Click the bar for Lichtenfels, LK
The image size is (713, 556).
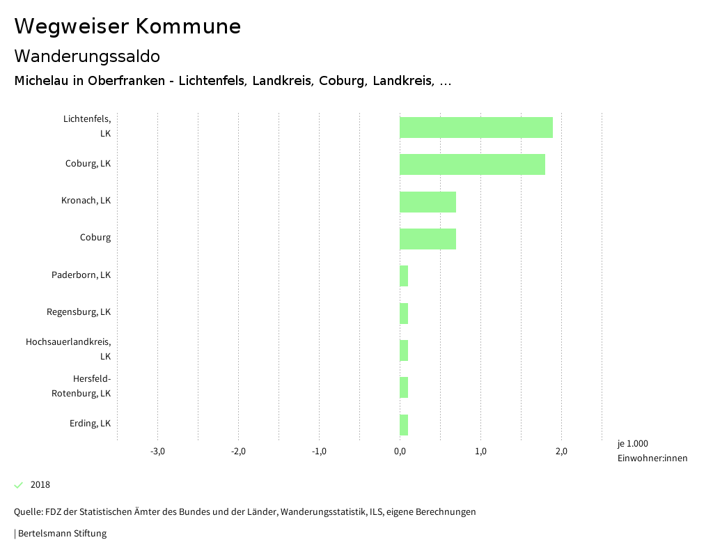coord(476,128)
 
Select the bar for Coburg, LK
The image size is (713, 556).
coord(472,164)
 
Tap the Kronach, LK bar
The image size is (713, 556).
coord(428,202)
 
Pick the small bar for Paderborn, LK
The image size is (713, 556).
coord(404,276)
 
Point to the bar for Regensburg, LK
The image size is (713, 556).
coord(404,314)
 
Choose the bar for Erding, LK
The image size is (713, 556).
coord(404,424)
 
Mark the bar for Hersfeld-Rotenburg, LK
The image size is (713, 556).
coord(404,387)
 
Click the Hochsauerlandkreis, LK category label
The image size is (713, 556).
coord(68,349)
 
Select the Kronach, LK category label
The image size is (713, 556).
coord(86,201)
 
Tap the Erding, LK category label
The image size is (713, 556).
coord(90,423)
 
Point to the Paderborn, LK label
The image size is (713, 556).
coord(81,275)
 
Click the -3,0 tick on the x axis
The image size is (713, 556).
coord(158,451)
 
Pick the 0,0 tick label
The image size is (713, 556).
coord(400,451)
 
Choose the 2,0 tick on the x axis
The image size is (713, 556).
coord(561,451)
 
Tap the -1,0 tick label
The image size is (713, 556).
coord(319,451)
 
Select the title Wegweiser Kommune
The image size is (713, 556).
coord(127,26)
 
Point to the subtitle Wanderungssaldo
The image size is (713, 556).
coord(87,56)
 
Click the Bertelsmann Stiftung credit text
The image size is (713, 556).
coord(61,534)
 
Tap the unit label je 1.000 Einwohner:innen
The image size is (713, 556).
coord(652,451)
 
